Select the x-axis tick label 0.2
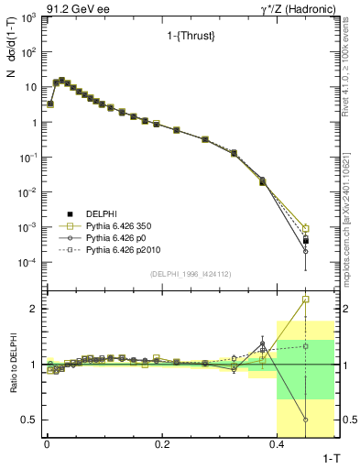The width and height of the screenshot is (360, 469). [x=162, y=445]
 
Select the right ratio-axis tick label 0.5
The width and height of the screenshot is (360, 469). [x=347, y=420]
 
